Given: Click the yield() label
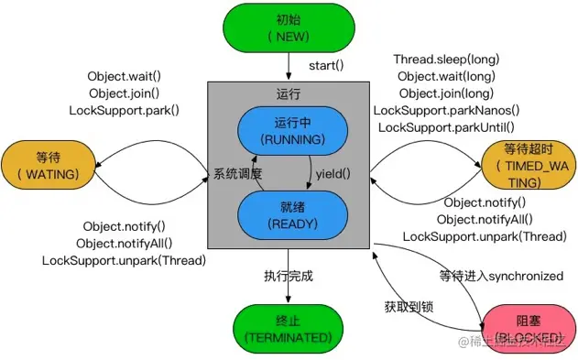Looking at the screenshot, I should pyautogui.click(x=333, y=172).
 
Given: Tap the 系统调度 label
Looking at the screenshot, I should pyautogui.click(x=238, y=173).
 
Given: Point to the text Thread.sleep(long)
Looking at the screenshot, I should pyautogui.click(x=446, y=59).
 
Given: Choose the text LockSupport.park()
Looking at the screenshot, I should pyautogui.click(x=124, y=110).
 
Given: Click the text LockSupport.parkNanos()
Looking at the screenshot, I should pyautogui.click(x=446, y=110).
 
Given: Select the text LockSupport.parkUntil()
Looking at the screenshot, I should pyautogui.click(x=446, y=126).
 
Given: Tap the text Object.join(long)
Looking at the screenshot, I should pyautogui.click(x=446, y=93).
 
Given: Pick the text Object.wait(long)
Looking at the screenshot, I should pyautogui.click(x=446, y=76).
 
